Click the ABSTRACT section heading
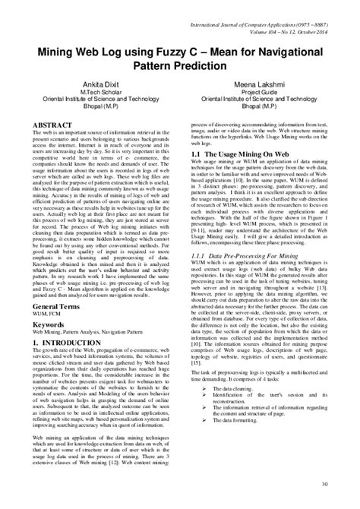pyautogui.click(x=50, y=122)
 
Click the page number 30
pyautogui.click(x=325, y=483)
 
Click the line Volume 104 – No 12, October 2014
pyautogui.click(x=280, y=17)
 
